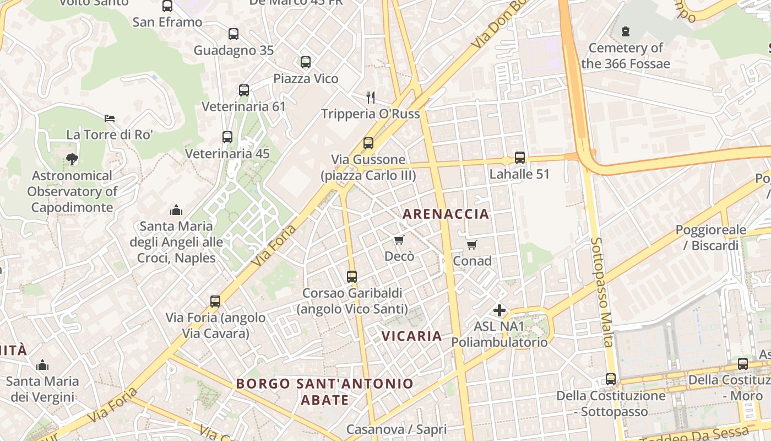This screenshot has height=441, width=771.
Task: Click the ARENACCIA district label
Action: tap(446, 214)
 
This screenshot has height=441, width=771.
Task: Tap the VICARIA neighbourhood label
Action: tap(411, 336)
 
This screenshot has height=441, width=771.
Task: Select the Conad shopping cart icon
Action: tap(471, 245)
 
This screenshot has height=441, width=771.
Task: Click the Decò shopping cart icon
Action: tap(399, 240)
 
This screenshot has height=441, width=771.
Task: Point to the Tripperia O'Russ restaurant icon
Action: tap(371, 98)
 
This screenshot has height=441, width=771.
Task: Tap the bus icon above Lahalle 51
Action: tap(519, 158)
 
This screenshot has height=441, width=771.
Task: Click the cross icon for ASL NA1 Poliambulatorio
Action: tap(499, 310)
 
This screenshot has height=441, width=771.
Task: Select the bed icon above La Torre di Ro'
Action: tap(110, 118)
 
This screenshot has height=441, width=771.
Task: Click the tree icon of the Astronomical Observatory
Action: tap(72, 160)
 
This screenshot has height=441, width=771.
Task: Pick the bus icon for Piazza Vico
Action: tap(306, 62)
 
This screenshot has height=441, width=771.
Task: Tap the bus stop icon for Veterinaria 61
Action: tap(243, 90)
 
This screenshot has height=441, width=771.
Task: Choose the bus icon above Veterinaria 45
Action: tap(227, 137)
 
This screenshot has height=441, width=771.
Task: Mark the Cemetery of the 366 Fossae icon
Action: tap(625, 31)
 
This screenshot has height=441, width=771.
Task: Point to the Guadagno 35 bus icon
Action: tap(234, 34)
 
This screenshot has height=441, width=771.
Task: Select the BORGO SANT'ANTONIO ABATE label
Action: tap(324, 391)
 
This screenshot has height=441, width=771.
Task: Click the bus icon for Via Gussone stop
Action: tap(368, 143)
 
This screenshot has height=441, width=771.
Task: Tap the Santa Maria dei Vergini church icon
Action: tap(42, 365)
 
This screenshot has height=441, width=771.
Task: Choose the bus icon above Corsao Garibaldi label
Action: tap(352, 277)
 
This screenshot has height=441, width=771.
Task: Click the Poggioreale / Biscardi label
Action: tap(710, 238)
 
